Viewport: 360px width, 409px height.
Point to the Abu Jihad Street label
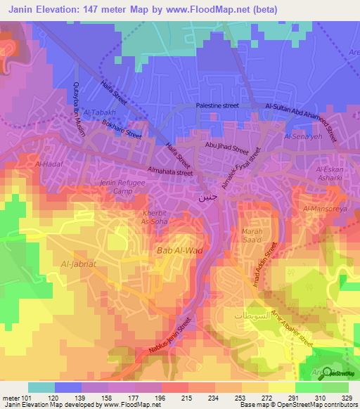coord(227,150)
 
